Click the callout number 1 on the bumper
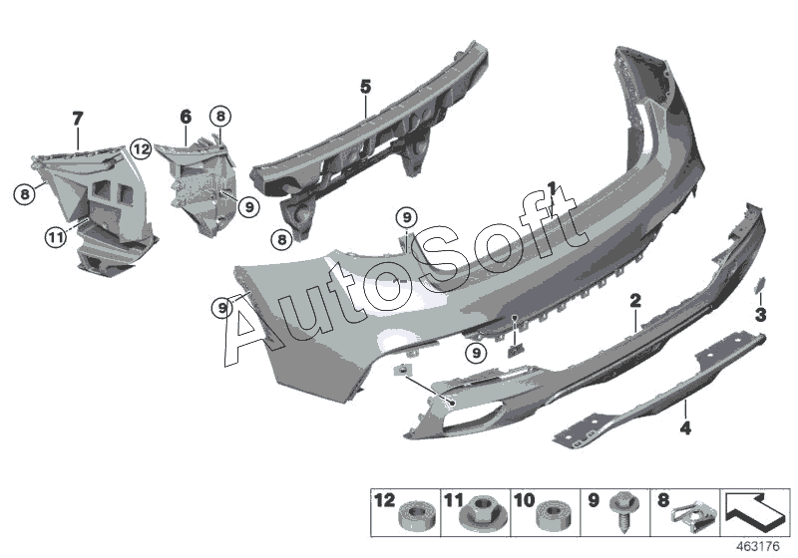pos(551,186)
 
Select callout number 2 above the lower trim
pos(634,300)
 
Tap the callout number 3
pos(760,315)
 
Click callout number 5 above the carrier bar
pos(365,88)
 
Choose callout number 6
pos(186,117)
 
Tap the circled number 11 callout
pos(54,236)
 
